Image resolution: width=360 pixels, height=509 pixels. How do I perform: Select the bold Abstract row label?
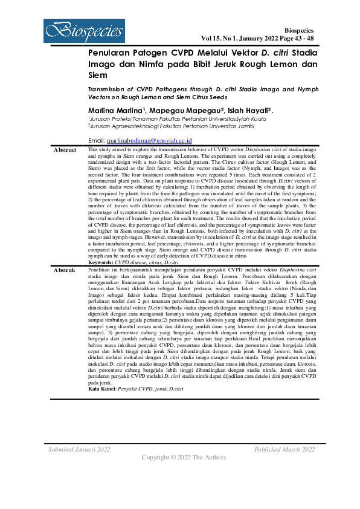65,149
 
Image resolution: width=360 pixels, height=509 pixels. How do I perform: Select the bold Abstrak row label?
65,270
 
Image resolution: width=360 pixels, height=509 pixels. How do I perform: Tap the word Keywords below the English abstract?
100,262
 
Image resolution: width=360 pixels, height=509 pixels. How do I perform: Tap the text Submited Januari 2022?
79,449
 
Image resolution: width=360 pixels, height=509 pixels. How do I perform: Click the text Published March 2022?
284,449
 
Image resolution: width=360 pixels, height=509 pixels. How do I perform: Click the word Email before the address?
97,140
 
